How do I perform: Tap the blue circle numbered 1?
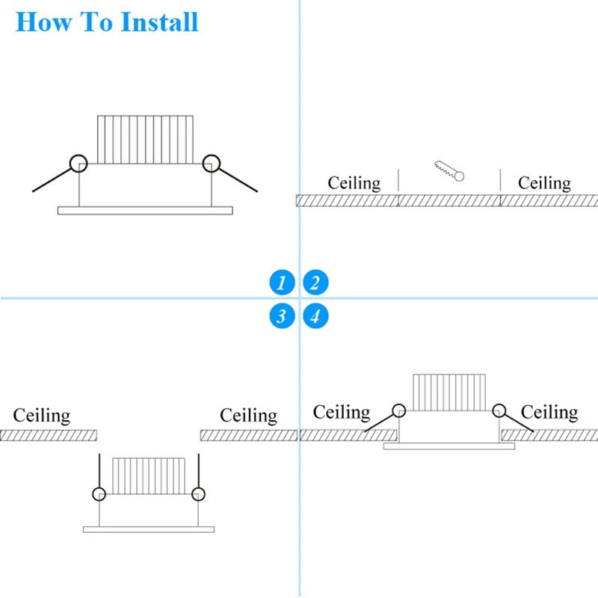(x=282, y=283)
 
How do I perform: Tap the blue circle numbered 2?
(x=315, y=283)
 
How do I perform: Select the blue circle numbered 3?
(x=282, y=316)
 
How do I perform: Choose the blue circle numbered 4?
(x=315, y=316)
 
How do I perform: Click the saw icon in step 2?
(x=449, y=170)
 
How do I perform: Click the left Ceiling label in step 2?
(x=354, y=183)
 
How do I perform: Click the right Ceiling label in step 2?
(x=544, y=183)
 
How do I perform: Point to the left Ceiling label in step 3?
(x=42, y=416)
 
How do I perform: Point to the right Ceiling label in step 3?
(x=248, y=416)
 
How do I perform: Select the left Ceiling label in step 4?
(x=342, y=412)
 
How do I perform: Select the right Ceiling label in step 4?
(x=549, y=412)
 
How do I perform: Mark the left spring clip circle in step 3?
(x=99, y=494)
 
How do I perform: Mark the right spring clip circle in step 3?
(x=198, y=494)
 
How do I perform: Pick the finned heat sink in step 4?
(x=449, y=392)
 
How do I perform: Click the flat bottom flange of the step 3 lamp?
(x=148, y=529)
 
